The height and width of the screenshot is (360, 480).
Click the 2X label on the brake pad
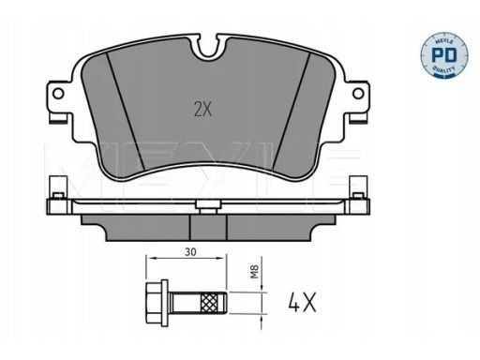tap(202, 110)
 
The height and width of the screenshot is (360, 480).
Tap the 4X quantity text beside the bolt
tap(302, 302)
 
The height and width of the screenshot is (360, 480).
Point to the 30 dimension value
tap(190, 251)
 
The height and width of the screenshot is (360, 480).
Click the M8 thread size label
tap(255, 272)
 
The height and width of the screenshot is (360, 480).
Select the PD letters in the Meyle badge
tap(444, 54)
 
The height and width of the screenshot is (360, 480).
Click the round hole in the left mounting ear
tap(58, 93)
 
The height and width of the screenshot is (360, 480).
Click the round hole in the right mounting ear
tap(358, 93)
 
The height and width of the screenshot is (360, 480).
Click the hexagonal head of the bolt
tap(157, 302)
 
